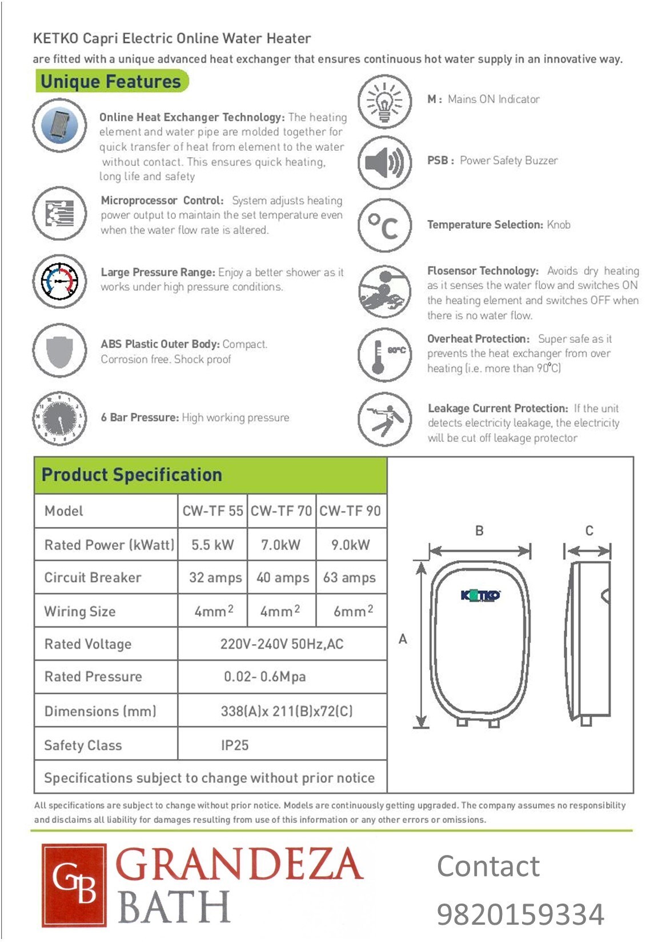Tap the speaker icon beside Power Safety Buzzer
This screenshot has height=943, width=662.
tap(384, 162)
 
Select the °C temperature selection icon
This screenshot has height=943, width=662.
tap(384, 225)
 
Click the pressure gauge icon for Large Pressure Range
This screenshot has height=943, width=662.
tap(59, 281)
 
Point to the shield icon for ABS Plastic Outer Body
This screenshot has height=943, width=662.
tap(59, 350)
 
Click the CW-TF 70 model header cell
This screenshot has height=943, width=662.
tap(281, 511)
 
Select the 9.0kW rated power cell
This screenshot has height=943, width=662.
tap(351, 545)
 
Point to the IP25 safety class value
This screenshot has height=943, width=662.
tap(235, 745)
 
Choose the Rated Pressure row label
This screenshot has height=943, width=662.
tap(93, 677)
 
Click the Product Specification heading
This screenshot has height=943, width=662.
tap(132, 475)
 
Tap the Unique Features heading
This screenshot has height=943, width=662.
tap(111, 82)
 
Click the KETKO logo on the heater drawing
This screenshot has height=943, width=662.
tap(480, 596)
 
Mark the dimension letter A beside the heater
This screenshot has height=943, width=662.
tap(403, 639)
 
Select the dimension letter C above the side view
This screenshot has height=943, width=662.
tap(589, 531)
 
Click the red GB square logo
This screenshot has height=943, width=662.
tap(74, 885)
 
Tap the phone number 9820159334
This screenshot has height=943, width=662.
tap(520, 914)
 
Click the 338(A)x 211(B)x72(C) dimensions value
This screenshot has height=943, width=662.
tap(287, 711)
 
